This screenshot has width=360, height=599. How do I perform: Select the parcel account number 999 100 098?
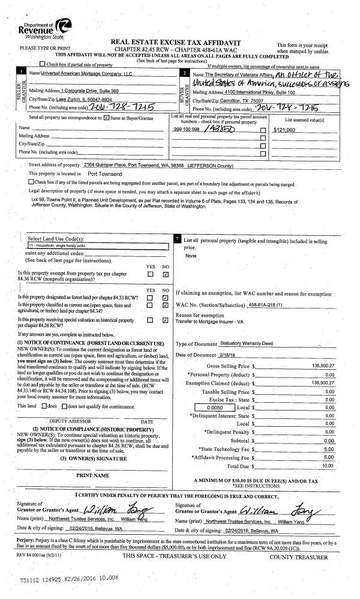(x=187, y=129)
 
